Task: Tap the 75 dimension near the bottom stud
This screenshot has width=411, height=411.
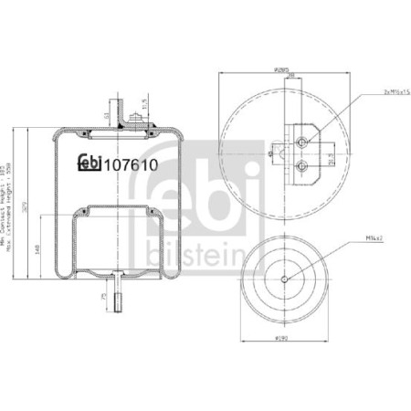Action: pos(105,297)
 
